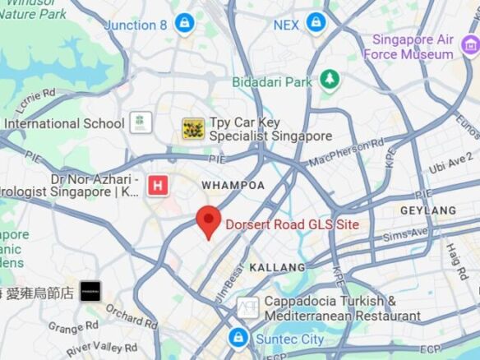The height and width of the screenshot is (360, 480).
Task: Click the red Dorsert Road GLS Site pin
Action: point(209,221)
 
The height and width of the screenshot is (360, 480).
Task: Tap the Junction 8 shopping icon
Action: point(185,23)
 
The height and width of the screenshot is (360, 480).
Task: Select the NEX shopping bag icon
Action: point(316,23)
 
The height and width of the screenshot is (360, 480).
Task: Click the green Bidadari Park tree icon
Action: point(330,80)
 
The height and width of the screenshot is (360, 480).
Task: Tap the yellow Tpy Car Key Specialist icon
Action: point(193,128)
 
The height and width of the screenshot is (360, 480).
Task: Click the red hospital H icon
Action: point(157,186)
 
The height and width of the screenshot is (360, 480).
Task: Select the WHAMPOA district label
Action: point(233,185)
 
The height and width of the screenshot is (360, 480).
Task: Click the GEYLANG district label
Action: point(428,210)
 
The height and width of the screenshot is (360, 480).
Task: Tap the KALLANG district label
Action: point(277,267)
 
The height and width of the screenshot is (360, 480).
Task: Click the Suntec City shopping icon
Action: point(238,338)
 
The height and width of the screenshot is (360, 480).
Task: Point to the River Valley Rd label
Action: point(103,348)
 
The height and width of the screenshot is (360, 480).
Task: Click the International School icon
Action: point(141,123)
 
